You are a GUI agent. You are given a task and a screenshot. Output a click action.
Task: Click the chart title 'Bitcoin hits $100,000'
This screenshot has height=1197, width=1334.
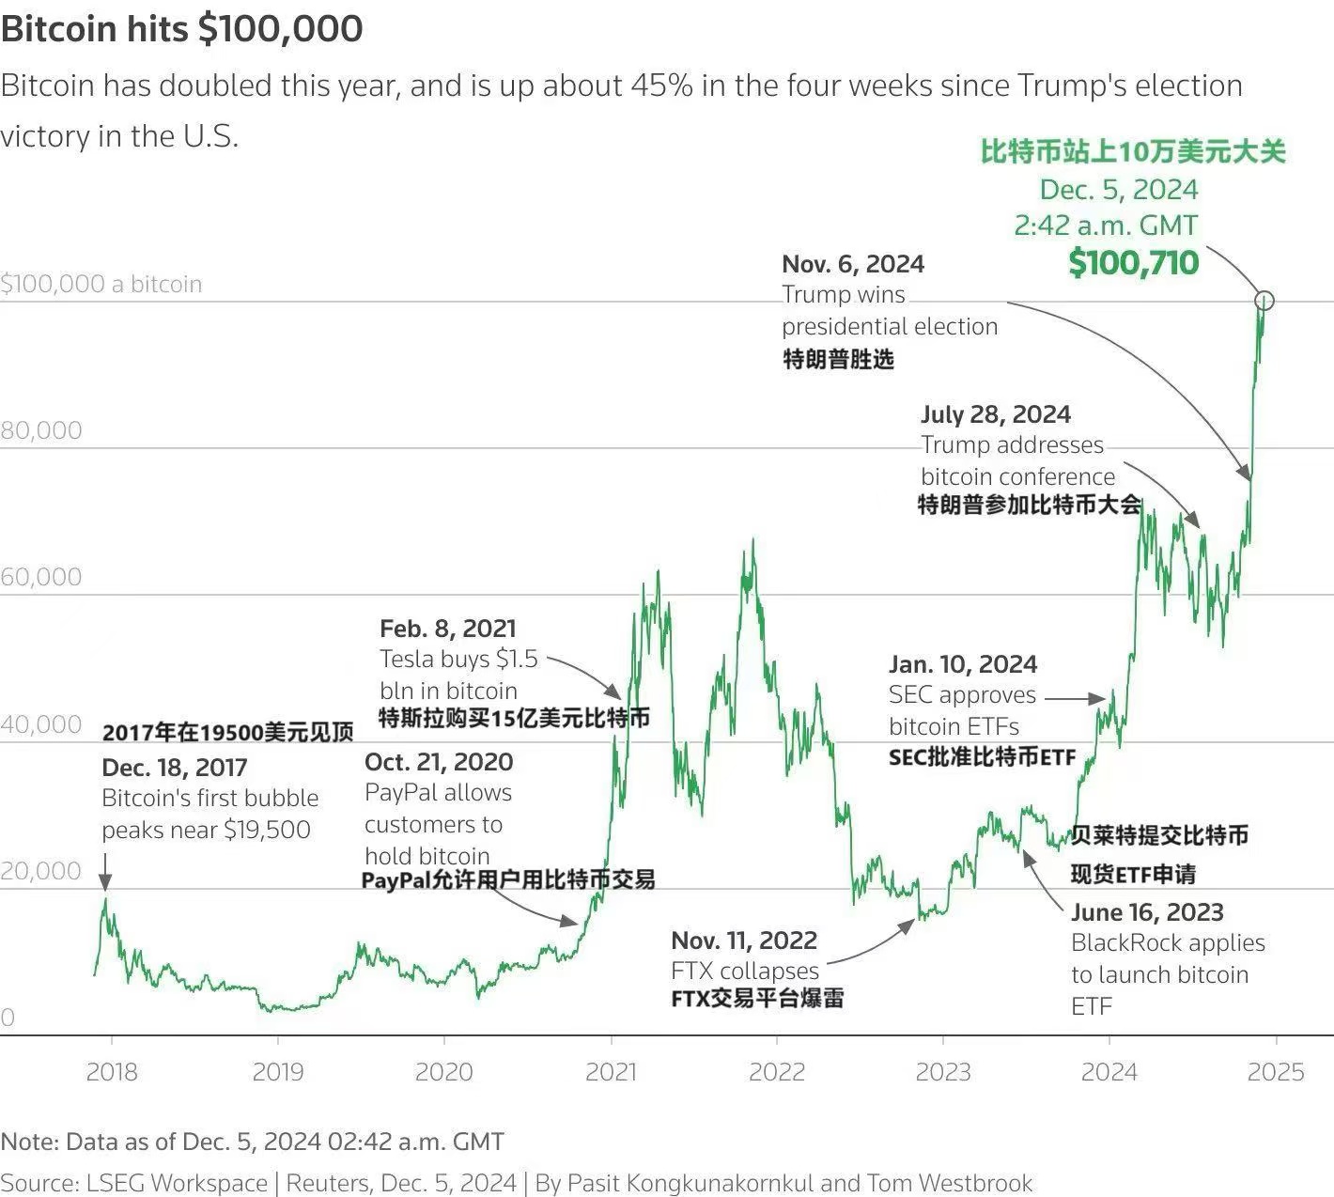pos(181,29)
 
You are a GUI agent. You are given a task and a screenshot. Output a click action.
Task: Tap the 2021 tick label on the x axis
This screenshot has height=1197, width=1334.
pos(611,1072)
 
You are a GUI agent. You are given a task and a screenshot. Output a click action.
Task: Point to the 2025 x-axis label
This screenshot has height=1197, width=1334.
pos(1276,1072)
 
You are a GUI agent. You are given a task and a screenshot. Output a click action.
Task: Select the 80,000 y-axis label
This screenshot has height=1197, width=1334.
pos(41,430)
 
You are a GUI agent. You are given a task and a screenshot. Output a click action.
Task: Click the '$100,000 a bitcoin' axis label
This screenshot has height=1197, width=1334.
pos(101,284)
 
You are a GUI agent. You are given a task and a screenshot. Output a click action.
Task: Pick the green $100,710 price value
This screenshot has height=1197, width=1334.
pos(1134,263)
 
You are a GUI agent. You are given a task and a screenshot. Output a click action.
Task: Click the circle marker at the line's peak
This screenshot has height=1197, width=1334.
pos(1264,301)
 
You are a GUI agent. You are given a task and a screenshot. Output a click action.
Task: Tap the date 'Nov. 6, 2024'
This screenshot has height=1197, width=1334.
pos(853,264)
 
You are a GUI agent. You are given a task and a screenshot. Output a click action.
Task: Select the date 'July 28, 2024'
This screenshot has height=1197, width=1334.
pos(996,414)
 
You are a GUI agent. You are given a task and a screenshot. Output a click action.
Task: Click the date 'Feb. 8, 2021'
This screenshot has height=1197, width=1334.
pos(448,629)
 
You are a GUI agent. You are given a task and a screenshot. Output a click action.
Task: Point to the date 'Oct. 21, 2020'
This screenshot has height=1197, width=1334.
pos(439,762)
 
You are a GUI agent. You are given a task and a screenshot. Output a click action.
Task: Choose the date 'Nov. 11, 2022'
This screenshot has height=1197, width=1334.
pos(744,940)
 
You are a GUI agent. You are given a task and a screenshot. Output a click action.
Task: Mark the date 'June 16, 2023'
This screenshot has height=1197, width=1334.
pos(1147,912)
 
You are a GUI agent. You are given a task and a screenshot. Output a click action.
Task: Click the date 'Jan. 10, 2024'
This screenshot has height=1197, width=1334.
pos(963,664)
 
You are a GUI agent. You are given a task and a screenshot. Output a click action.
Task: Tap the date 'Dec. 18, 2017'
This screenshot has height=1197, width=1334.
pos(175,768)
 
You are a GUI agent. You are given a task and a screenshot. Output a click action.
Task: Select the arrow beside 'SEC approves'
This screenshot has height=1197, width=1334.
pos(1076,698)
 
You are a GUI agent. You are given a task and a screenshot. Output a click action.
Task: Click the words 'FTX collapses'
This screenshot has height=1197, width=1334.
pos(745,971)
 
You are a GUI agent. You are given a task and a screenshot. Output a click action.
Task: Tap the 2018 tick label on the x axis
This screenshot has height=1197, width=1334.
pos(112,1072)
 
